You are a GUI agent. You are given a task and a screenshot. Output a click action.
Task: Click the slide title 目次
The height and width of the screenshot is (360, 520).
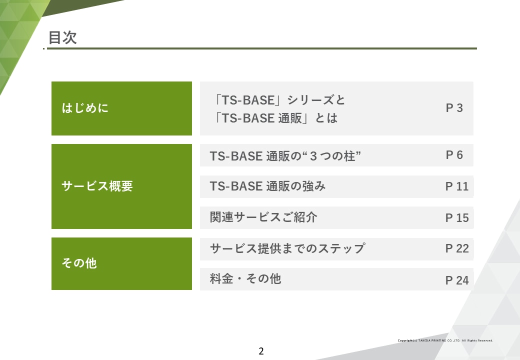[62, 37]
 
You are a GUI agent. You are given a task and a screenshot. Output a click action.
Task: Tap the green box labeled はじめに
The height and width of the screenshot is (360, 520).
[121, 108]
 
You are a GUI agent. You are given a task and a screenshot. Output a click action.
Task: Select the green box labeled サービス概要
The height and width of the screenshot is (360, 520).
[121, 186]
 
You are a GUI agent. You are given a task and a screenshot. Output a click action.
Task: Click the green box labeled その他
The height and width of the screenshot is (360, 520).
[121, 263]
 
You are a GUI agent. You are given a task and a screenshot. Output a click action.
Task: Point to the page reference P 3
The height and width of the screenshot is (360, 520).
[454, 108]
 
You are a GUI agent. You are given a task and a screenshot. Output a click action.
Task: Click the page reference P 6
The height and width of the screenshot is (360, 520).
[454, 155]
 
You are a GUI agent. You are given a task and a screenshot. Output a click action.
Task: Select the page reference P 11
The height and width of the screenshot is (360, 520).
[456, 186]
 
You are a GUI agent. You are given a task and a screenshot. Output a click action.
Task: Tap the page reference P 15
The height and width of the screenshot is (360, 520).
[456, 218]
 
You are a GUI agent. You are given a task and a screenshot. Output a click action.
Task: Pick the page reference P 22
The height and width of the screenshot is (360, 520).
[456, 248]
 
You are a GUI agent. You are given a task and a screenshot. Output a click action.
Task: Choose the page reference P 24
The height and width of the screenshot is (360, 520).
[456, 280]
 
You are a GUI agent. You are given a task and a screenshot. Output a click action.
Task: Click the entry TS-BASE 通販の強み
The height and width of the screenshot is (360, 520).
[267, 186]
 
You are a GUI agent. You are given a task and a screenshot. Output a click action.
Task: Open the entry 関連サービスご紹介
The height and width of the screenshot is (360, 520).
[263, 217]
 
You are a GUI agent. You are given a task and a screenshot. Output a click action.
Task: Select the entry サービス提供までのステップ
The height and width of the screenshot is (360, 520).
[287, 248]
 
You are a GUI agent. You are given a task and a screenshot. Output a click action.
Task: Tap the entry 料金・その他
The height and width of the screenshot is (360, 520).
[245, 279]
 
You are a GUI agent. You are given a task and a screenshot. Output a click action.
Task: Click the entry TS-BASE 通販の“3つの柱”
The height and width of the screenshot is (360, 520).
[285, 156]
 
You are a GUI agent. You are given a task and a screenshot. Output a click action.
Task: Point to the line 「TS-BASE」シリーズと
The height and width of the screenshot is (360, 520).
[279, 100]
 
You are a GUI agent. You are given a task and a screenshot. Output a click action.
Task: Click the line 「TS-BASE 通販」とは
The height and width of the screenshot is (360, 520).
[275, 118]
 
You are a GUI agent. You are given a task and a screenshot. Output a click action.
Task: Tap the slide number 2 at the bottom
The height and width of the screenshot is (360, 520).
[261, 351]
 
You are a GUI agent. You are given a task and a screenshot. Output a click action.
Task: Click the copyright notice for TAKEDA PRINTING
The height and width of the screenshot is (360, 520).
[445, 340]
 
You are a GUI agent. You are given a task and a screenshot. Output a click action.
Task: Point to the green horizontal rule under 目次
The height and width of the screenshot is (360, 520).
[262, 48]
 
